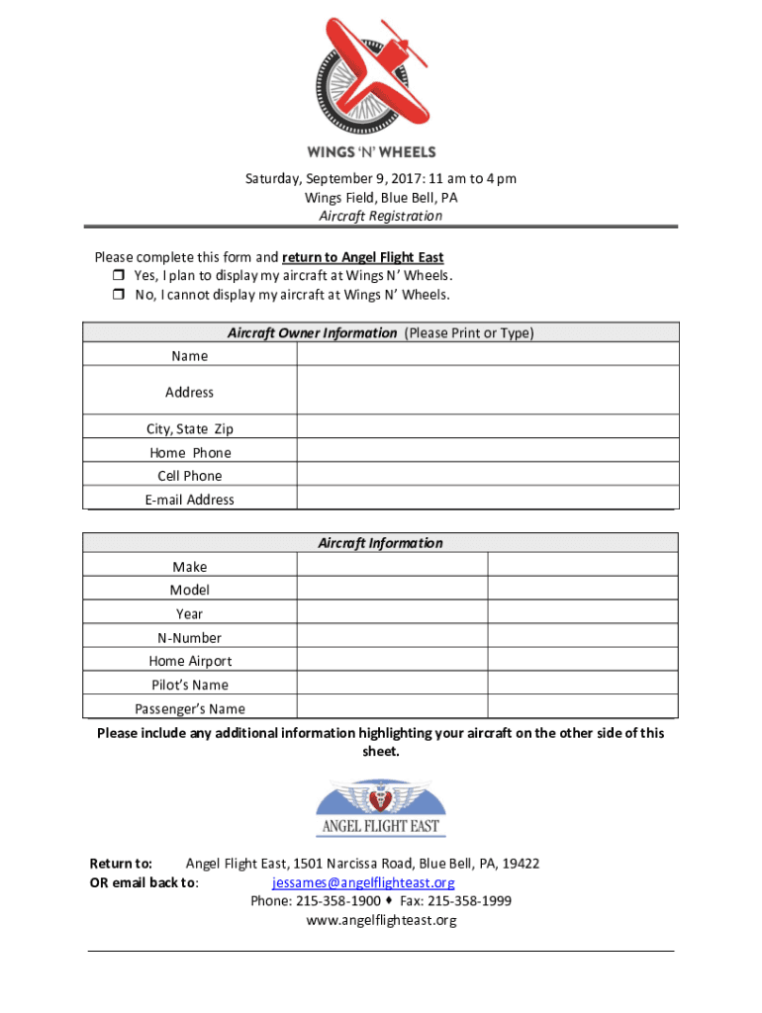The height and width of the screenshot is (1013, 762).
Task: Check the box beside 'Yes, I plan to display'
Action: (x=117, y=276)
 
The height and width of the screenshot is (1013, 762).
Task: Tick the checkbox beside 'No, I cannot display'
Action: (x=117, y=295)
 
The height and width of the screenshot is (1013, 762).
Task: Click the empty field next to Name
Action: (x=488, y=355)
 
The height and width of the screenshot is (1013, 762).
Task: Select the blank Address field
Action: (x=488, y=392)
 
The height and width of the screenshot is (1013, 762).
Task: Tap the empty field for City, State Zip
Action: (x=488, y=428)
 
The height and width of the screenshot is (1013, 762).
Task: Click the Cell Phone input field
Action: (x=488, y=476)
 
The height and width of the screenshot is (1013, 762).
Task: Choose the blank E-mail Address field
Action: (x=488, y=499)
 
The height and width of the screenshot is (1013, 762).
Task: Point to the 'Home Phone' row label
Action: (x=190, y=453)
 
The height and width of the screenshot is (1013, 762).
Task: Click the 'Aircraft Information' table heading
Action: (x=380, y=543)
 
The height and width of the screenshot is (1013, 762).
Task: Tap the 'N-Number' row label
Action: (x=190, y=638)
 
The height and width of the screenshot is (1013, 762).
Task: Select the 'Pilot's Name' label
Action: (x=190, y=685)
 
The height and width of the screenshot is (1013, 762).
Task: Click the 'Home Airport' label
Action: (x=190, y=661)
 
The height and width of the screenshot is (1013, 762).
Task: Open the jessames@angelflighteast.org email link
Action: (x=363, y=882)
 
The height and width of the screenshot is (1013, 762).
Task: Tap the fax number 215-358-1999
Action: (x=470, y=901)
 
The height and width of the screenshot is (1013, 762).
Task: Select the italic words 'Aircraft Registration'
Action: (x=381, y=216)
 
